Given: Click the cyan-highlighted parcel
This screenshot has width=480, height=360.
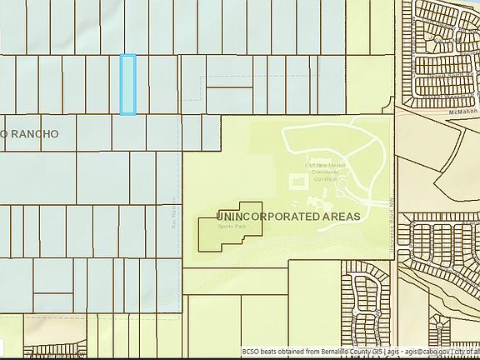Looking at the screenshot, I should (127, 84).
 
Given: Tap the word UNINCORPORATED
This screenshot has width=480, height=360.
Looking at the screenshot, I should (267, 216).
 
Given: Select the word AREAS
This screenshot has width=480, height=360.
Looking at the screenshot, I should (340, 216).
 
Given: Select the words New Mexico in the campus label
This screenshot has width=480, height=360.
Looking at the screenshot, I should (322, 166).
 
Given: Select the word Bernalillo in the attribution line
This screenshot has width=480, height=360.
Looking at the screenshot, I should (329, 353).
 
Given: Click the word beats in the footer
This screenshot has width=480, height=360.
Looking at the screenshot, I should (270, 353).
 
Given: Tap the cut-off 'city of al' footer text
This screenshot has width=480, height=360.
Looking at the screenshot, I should (467, 353).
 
